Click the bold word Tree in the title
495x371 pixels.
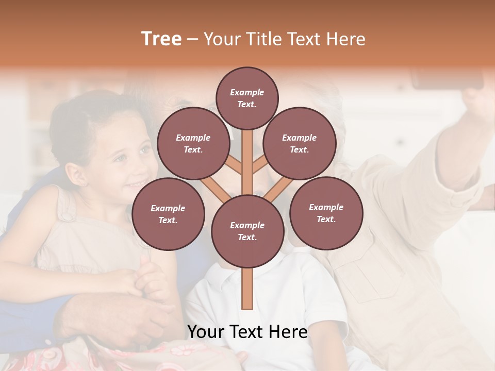(x=161, y=39)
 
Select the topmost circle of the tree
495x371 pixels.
(x=247, y=98)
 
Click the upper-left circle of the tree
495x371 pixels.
(x=193, y=143)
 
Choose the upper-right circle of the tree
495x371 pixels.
(x=299, y=143)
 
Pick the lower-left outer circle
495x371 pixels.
(x=168, y=214)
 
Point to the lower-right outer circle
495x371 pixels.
(x=326, y=213)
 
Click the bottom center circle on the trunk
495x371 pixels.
(x=247, y=231)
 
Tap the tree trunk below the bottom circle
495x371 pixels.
(x=247, y=289)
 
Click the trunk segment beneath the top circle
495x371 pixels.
(x=247, y=155)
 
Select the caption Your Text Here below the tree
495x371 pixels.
(x=247, y=332)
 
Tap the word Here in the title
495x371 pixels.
(x=345, y=39)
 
